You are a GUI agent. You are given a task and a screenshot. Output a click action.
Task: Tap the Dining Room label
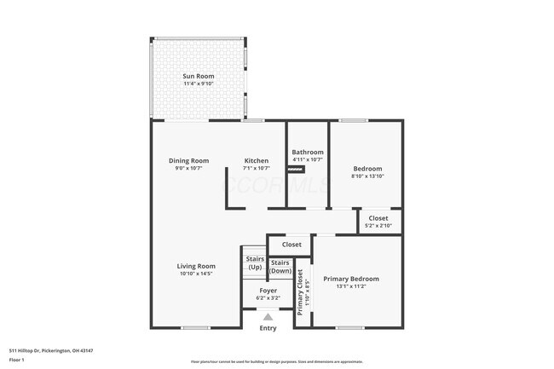188,160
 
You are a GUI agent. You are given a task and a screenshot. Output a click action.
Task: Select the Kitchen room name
257,160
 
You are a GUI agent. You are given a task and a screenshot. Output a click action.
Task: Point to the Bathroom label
308,152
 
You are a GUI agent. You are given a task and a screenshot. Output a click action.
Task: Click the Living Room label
196,265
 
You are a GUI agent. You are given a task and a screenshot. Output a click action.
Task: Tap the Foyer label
268,291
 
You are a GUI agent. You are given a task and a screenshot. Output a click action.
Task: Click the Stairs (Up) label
255,262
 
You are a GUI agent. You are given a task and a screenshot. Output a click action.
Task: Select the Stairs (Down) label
280,266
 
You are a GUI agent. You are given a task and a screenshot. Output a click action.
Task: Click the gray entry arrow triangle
268,316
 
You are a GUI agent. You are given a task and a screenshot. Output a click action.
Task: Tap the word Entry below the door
268,328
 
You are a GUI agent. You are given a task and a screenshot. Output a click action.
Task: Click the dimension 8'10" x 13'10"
367,176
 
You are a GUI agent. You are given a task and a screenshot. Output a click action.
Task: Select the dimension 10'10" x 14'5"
196,273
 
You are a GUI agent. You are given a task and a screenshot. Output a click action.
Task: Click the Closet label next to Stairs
291,245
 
